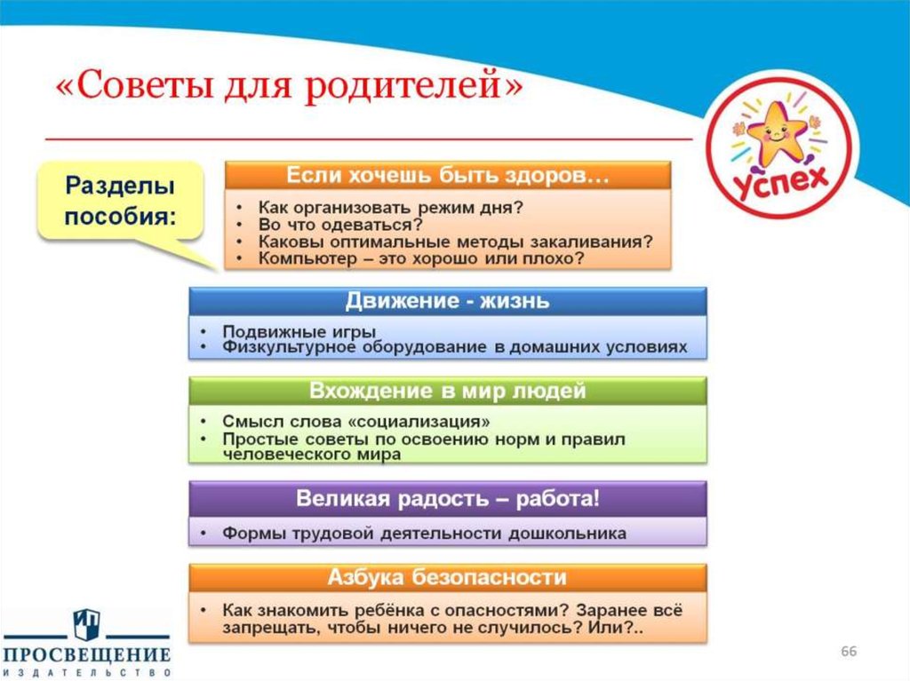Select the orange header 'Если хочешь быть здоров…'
[447, 174]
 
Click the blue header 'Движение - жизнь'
[447, 301]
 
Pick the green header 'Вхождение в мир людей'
[447, 392]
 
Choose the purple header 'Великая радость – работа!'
[447, 498]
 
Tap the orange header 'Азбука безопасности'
[447, 578]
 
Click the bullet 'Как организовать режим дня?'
[391, 207]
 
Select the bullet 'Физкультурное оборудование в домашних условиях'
[454, 347]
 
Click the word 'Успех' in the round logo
[779, 180]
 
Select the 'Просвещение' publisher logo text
[85, 655]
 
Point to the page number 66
[849, 653]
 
